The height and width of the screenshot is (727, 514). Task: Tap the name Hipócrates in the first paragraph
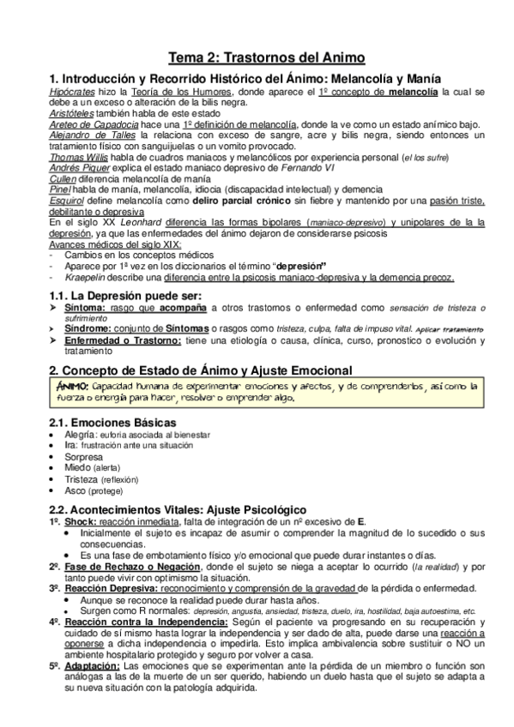click(x=74, y=91)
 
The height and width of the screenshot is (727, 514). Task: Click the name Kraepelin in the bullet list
click(x=85, y=277)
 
